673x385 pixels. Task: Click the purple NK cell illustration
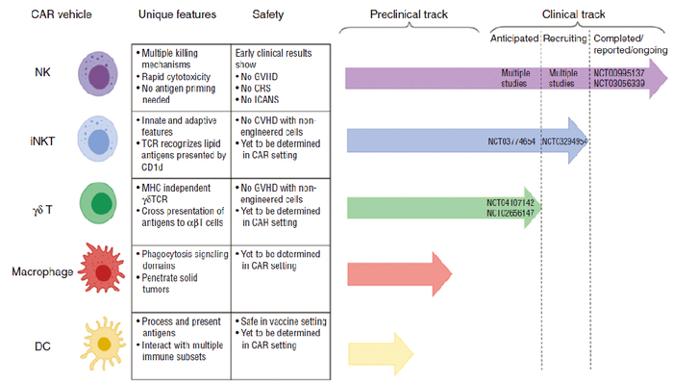[98, 73]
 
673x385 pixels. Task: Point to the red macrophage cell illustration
[99, 269]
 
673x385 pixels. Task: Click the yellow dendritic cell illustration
[99, 342]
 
